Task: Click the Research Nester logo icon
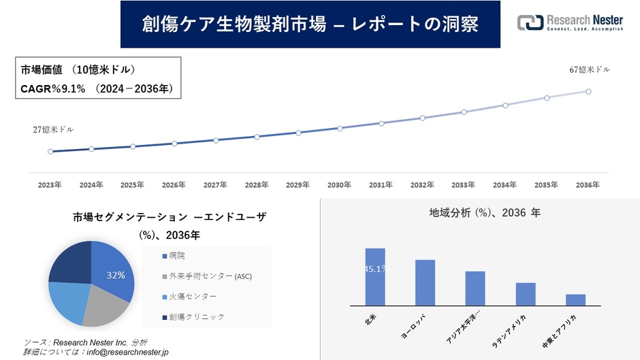[530, 22]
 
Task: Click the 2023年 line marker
[50, 151]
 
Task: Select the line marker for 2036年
[588, 91]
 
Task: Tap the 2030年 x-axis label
[339, 184]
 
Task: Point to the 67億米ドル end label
[590, 70]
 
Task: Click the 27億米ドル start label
[53, 129]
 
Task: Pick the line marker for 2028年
[257, 137]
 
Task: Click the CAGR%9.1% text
[52, 88]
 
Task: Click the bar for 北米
[375, 277]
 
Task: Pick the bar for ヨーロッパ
[425, 282]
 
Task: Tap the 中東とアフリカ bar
[575, 300]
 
